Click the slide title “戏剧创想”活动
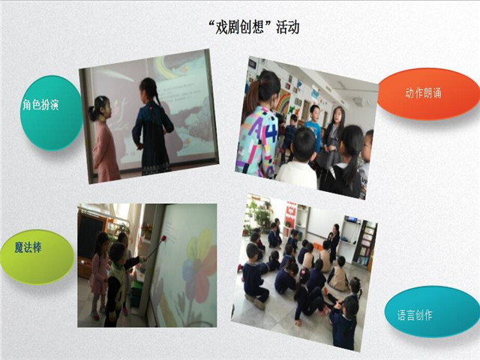(253, 28)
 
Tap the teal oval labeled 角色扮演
(50, 113)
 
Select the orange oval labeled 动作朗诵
(428, 93)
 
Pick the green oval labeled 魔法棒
(37, 257)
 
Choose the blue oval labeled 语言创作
(432, 312)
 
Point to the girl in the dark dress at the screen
(152, 127)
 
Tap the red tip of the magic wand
(163, 238)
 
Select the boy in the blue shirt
(313, 128)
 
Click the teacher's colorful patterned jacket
(257, 142)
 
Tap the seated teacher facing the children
(334, 242)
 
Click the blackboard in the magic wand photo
(88, 235)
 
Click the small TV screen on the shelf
(352, 219)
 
